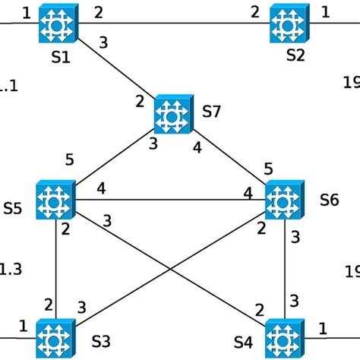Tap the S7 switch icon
(x=173, y=114)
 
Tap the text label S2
(x=295, y=56)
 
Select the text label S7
(x=212, y=112)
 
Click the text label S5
(x=14, y=206)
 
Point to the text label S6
(x=329, y=201)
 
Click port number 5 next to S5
(x=70, y=159)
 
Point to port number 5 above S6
(x=267, y=168)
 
